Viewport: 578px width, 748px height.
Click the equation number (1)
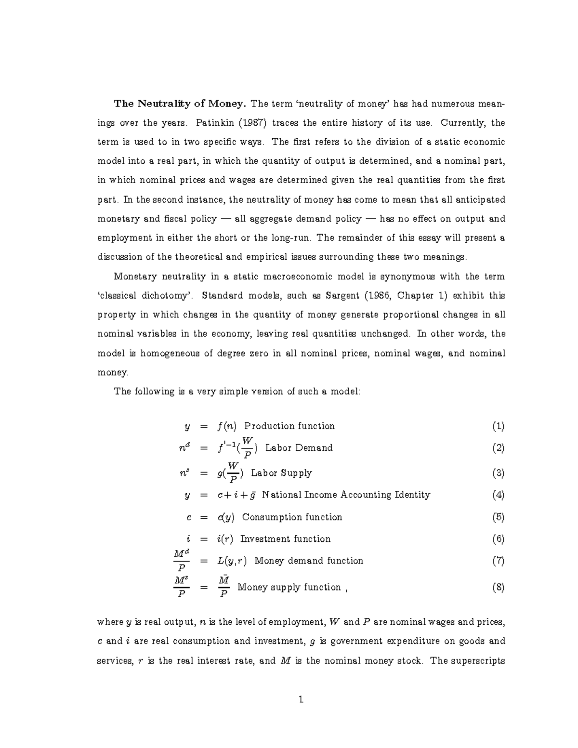[x=498, y=426]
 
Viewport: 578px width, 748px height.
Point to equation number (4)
[x=498, y=495]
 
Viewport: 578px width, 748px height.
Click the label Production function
[x=289, y=426]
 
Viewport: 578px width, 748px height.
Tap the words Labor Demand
[x=299, y=448]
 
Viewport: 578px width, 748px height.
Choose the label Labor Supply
[x=281, y=473]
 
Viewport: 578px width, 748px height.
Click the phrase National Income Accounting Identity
[x=346, y=495]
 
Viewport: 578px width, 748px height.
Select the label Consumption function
[x=292, y=517]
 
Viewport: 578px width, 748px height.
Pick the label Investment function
[x=285, y=539]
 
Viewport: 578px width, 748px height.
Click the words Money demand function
[x=308, y=561]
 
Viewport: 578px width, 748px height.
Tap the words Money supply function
[x=289, y=587]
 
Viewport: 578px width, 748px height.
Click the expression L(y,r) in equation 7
[x=232, y=561]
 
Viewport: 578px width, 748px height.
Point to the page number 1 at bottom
[x=301, y=700]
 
